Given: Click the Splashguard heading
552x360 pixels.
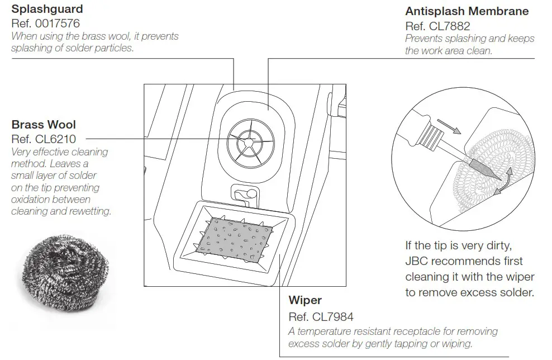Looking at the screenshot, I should pos(47,10).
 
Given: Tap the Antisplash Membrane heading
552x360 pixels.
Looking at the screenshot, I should pos(467,12).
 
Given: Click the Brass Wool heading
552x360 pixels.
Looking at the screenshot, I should pos(44,125).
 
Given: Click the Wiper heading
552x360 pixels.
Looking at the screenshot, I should pos(305,300).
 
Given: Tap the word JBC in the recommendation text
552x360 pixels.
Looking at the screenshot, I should pos(418,261).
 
